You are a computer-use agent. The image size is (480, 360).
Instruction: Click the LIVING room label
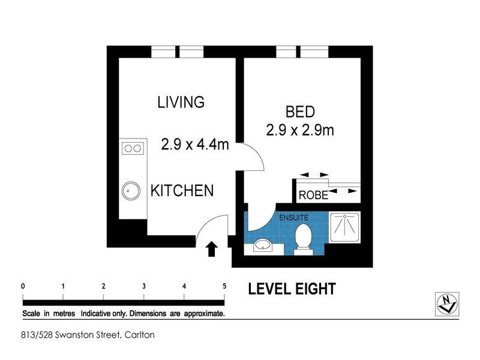coord(181,102)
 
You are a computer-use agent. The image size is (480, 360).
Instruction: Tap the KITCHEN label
coord(182,190)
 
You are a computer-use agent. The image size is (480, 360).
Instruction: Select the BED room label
coord(300,112)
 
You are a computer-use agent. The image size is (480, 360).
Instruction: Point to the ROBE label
coord(313,195)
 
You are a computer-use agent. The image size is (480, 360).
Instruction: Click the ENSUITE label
coord(293,218)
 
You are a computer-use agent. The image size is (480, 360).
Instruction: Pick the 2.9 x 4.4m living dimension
coord(195,144)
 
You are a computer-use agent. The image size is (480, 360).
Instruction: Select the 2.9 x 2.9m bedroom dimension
coord(300,130)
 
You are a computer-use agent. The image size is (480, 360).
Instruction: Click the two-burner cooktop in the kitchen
coord(133,148)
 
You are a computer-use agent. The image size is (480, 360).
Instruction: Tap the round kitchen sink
coord(131,191)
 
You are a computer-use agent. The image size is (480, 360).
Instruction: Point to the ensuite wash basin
coord(263,245)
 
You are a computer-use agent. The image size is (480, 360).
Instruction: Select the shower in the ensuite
coord(344,227)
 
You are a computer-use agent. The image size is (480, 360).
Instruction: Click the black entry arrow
coord(212,249)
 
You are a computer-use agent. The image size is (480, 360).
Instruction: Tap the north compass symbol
coord(447,304)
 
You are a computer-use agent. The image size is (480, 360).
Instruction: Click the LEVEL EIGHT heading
coord(292,289)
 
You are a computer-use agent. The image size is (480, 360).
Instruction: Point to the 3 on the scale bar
coord(144,286)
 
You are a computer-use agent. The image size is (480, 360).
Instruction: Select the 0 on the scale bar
coord(23,286)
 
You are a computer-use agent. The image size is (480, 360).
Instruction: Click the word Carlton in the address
coord(139,335)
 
